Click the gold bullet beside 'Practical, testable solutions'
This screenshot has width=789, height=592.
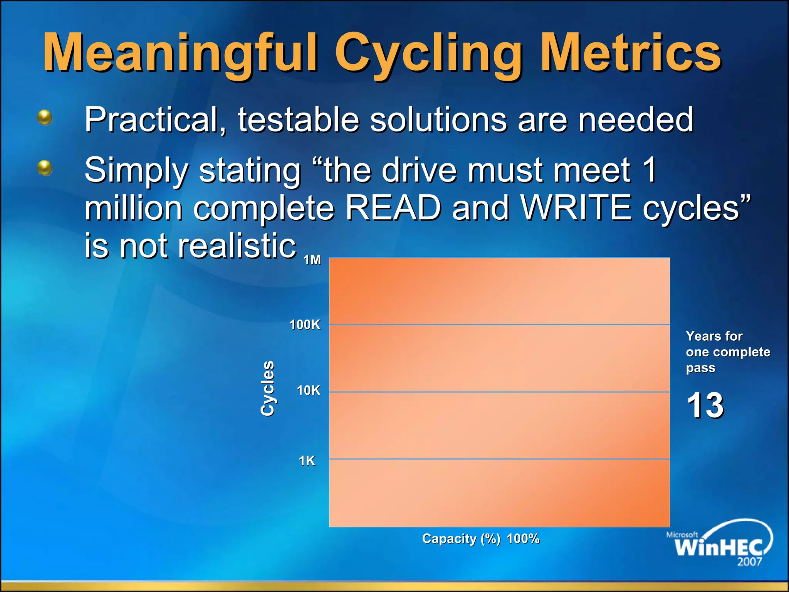(x=45, y=117)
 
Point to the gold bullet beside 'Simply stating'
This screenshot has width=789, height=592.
(x=45, y=168)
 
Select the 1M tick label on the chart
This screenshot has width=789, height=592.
(x=312, y=260)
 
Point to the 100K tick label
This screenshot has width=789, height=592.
(x=305, y=325)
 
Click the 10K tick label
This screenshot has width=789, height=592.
(x=308, y=390)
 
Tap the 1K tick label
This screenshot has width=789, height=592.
(x=307, y=461)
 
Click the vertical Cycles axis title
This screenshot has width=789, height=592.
(x=267, y=388)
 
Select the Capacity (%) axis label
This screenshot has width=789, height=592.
(x=461, y=538)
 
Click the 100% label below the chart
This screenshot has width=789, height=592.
(x=523, y=538)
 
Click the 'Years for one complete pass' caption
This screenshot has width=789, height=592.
(x=727, y=351)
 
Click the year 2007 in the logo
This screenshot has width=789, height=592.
(x=749, y=562)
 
